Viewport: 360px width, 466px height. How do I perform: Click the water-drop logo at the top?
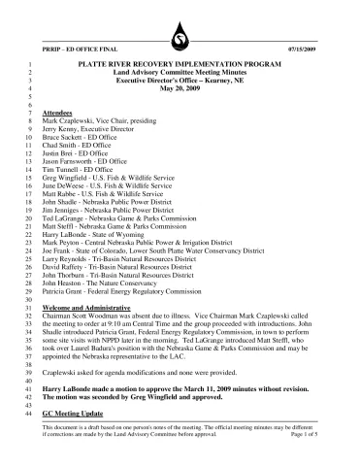180,35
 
